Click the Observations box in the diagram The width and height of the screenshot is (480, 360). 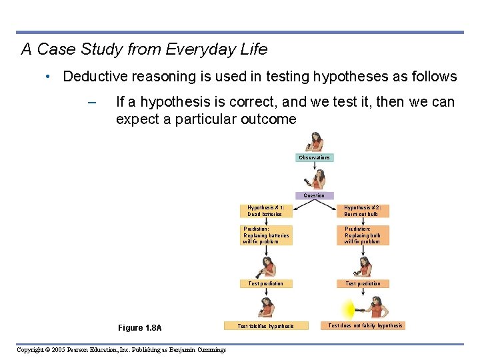point(314,158)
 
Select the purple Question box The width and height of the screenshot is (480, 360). point(314,196)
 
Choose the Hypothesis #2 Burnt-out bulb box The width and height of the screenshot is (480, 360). point(363,211)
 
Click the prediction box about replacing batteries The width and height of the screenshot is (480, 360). point(266,235)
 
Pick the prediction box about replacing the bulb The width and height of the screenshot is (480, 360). point(363,235)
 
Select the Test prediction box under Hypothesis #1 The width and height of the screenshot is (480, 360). point(265,284)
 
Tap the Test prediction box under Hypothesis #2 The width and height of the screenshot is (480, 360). point(363,284)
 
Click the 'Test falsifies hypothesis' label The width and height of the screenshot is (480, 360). point(265,326)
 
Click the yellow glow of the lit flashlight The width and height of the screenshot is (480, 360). point(348,309)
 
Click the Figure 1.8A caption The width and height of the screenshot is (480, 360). point(139,328)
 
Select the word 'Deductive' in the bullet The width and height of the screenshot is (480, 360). point(93,77)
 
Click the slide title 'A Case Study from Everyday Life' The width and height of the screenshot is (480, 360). point(144,49)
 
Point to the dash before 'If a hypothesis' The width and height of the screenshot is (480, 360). point(92,103)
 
